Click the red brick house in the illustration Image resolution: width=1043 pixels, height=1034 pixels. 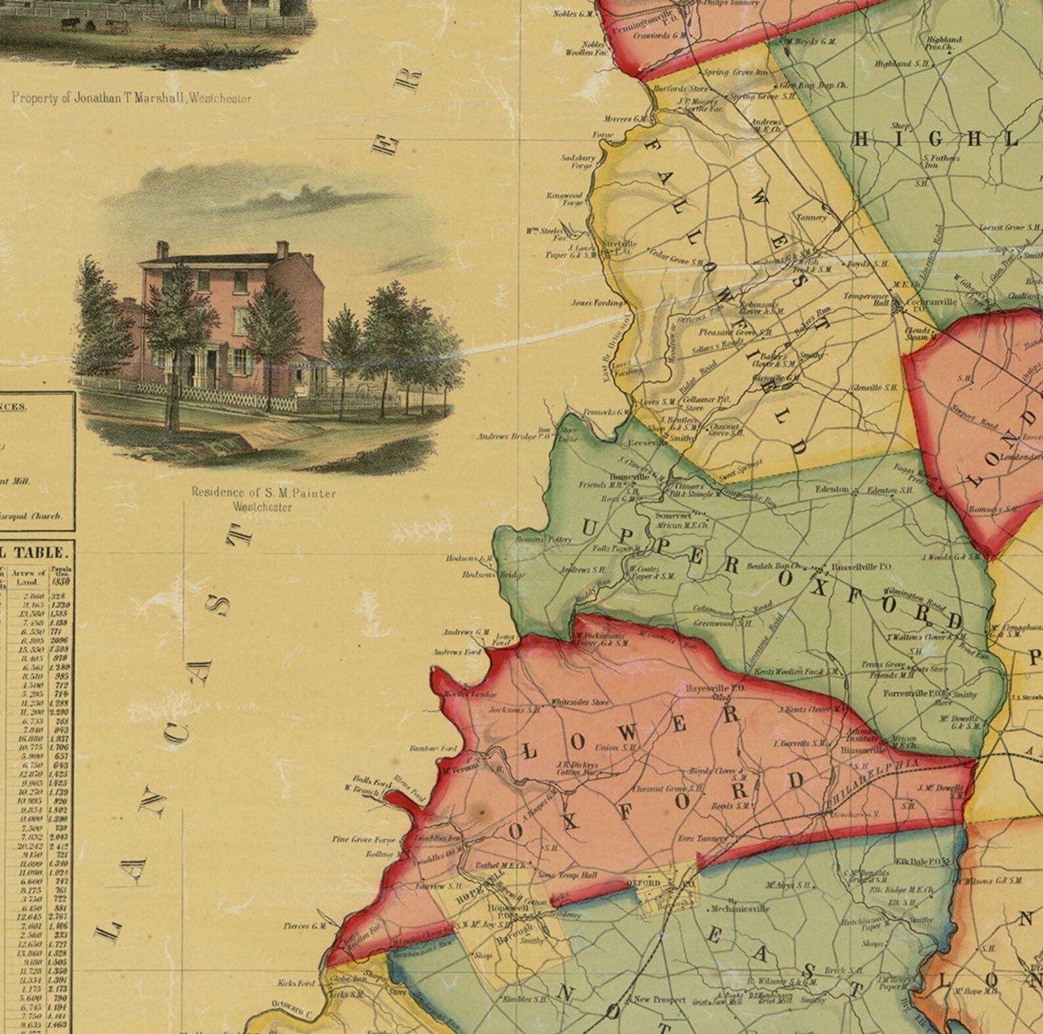(230, 315)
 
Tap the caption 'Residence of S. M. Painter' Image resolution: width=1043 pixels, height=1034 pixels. (263, 493)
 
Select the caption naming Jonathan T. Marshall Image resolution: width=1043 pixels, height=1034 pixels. (132, 98)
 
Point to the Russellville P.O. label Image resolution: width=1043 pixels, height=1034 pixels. (853, 565)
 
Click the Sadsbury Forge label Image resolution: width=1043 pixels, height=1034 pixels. (578, 162)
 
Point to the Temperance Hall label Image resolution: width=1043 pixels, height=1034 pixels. (866, 299)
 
